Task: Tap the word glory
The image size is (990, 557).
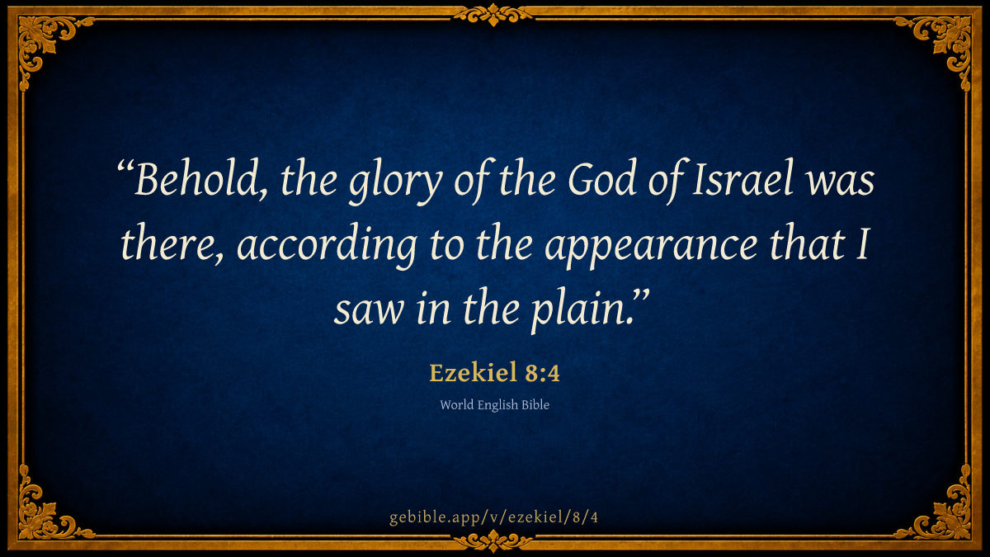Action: coord(395,182)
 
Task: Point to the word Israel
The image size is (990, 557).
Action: coord(742,178)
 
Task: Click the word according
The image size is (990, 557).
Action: coord(327,246)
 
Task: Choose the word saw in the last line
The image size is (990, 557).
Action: coord(369,311)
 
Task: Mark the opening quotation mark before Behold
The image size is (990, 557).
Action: coord(125,168)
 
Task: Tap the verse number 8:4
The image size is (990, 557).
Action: coord(542,373)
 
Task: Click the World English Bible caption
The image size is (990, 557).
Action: coord(494,405)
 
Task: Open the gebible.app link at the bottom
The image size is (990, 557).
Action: coord(493,517)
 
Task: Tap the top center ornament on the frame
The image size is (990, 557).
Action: coord(493,15)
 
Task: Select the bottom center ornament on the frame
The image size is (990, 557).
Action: coord(493,540)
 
